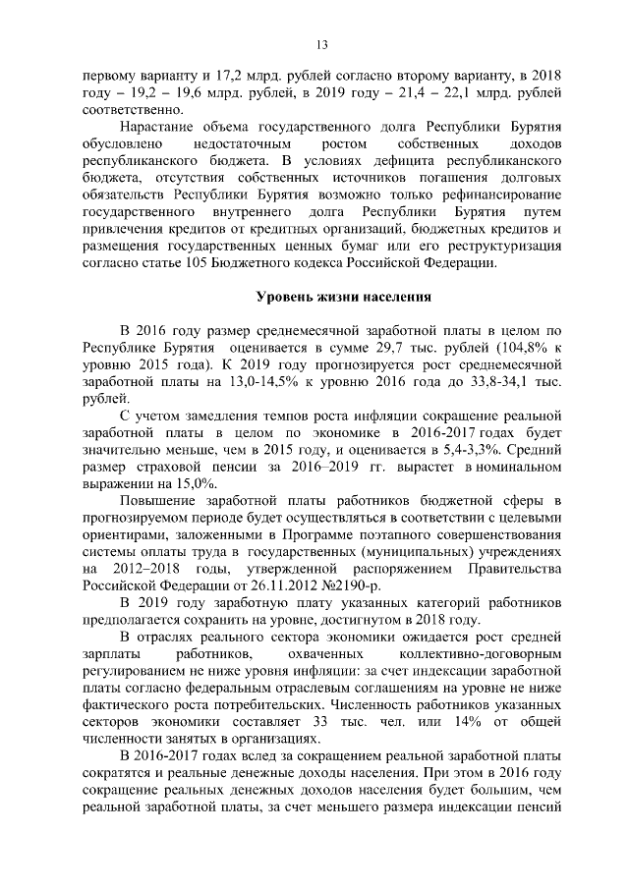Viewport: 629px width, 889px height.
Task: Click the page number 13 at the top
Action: tap(320, 44)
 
